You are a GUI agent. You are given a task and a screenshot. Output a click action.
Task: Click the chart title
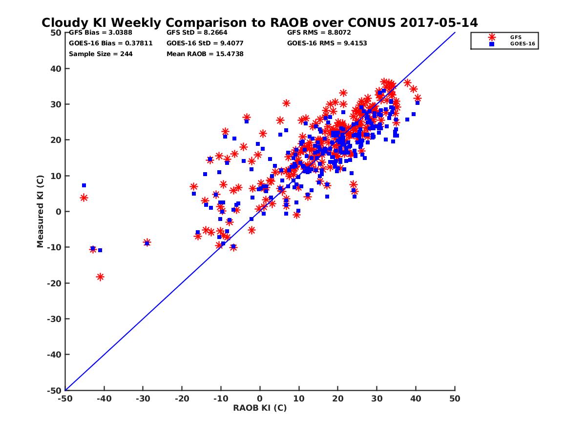pyautogui.click(x=259, y=23)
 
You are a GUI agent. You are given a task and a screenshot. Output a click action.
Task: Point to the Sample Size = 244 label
pyautogui.click(x=101, y=54)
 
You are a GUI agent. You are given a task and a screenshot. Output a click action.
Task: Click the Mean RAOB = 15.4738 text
pyautogui.click(x=205, y=54)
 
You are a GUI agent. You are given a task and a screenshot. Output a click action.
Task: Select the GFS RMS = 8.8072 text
pyautogui.click(x=319, y=33)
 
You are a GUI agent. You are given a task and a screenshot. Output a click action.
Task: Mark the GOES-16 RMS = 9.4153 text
pyautogui.click(x=327, y=43)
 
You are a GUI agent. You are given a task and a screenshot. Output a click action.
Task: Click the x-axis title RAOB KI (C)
pyautogui.click(x=259, y=408)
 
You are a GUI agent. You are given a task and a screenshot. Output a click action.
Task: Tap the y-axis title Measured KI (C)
pyautogui.click(x=40, y=212)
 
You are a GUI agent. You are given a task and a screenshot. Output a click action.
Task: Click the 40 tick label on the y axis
pyautogui.click(x=56, y=69)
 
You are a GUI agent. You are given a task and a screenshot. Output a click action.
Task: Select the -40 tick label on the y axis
pyautogui.click(x=55, y=355)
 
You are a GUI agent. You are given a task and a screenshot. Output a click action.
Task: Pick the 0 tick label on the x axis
pyautogui.click(x=260, y=399)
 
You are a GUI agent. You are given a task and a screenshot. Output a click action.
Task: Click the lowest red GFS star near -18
pyautogui.click(x=100, y=277)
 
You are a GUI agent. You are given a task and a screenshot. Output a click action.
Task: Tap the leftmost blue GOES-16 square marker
pyautogui.click(x=84, y=185)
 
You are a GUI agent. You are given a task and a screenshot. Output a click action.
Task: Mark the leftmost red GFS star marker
pyautogui.click(x=84, y=198)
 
